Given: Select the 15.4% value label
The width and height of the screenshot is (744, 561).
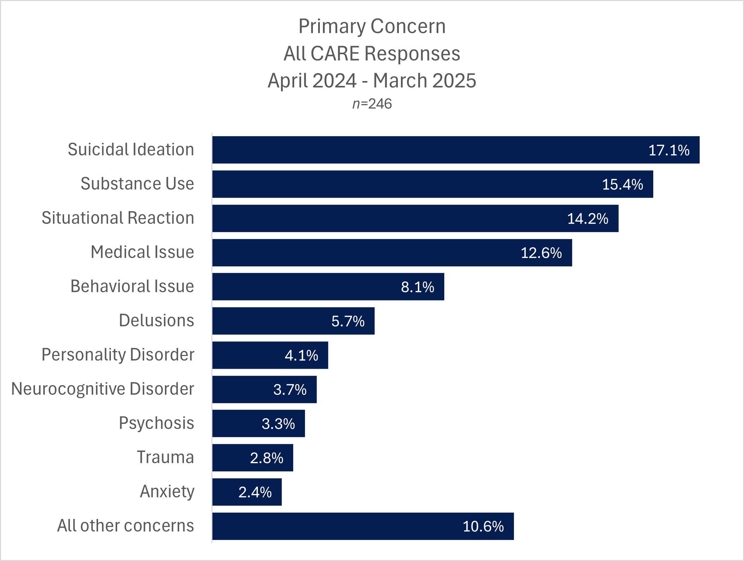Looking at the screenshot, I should [622, 185].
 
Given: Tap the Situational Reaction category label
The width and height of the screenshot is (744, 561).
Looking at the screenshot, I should [118, 218].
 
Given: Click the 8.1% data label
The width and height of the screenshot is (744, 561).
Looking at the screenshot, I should [417, 287].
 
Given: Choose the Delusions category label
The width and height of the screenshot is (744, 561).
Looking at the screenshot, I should [156, 321].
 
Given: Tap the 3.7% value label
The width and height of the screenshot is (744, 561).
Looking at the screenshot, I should [290, 390].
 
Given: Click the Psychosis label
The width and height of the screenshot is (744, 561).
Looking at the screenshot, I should [156, 423].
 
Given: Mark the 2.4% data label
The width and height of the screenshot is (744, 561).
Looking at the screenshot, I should [255, 492].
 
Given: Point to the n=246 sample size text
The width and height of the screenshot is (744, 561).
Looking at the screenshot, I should [372, 104].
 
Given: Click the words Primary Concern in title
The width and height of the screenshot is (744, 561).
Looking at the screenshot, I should [372, 26].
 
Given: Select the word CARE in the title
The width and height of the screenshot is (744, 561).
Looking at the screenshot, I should [335, 54].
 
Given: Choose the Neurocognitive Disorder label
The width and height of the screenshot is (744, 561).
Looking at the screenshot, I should [103, 389].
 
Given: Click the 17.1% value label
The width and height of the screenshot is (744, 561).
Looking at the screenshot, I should [668, 150].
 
